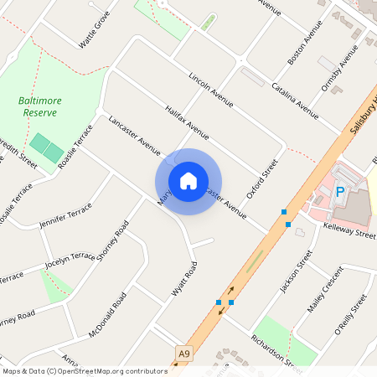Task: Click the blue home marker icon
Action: [188, 181]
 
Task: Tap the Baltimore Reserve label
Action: [40, 106]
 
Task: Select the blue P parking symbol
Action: [340, 192]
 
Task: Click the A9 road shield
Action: [183, 355]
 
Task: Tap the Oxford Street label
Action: [261, 179]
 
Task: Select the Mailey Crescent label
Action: [325, 289]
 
